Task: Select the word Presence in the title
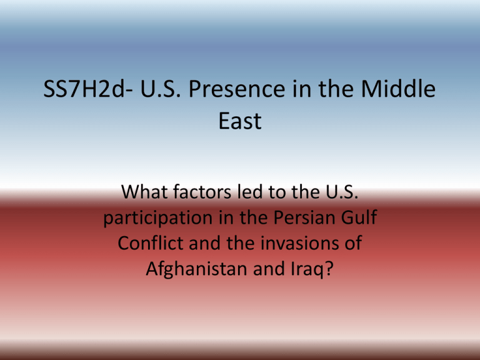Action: [x=237, y=89]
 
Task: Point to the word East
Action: [x=240, y=121]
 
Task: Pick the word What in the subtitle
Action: [x=146, y=192]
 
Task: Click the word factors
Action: [x=202, y=192]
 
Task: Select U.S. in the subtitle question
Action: [x=342, y=192]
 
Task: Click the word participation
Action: [x=158, y=218]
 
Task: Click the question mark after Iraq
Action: [x=329, y=269]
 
